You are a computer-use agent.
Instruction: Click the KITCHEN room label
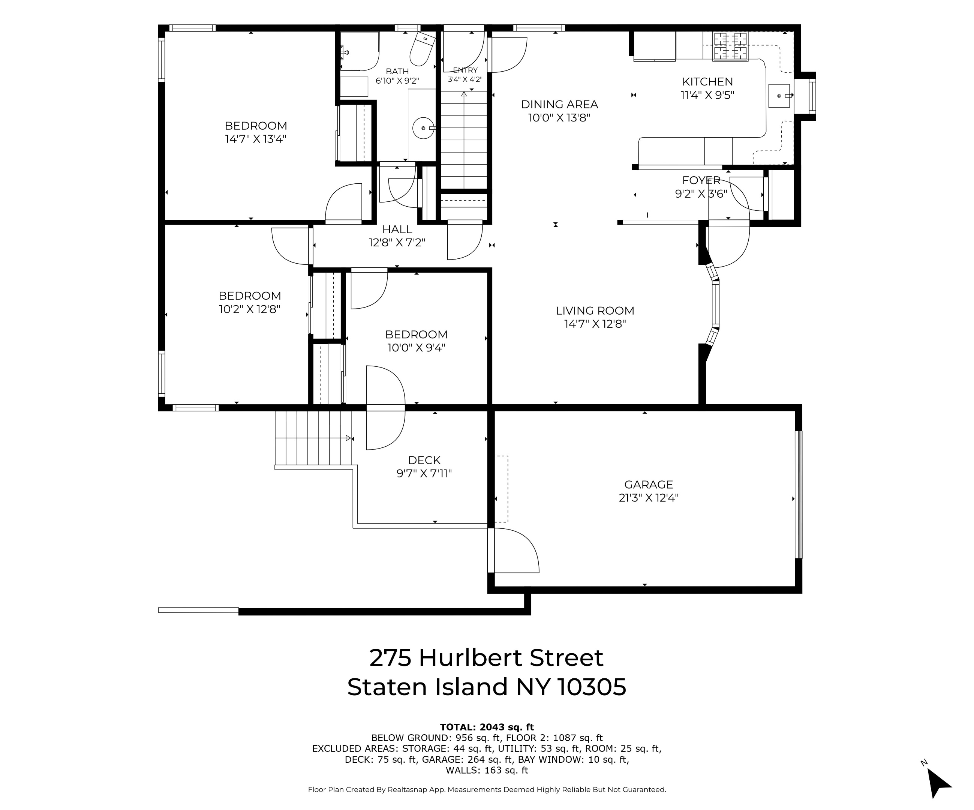pyautogui.click(x=707, y=82)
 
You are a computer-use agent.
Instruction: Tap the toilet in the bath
pyautogui.click(x=422, y=49)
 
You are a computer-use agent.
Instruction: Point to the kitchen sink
pyautogui.click(x=779, y=96)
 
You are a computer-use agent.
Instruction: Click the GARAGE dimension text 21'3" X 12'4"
pyautogui.click(x=649, y=498)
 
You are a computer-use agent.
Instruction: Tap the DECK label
pyautogui.click(x=424, y=460)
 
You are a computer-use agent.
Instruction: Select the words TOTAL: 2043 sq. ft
pyautogui.click(x=487, y=727)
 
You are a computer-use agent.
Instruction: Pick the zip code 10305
pyautogui.click(x=591, y=687)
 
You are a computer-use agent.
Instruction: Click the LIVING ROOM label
pyautogui.click(x=595, y=311)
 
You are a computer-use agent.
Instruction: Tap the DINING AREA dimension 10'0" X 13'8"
pyautogui.click(x=559, y=118)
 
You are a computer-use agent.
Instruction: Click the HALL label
pyautogui.click(x=397, y=229)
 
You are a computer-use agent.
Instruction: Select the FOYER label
pyautogui.click(x=701, y=180)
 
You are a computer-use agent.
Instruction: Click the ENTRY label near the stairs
pyautogui.click(x=465, y=70)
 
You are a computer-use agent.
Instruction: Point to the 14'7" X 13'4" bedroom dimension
pyautogui.click(x=256, y=139)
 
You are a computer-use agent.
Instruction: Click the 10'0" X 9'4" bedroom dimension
pyautogui.click(x=416, y=348)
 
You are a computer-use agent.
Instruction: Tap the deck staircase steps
pyautogui.click(x=313, y=438)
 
